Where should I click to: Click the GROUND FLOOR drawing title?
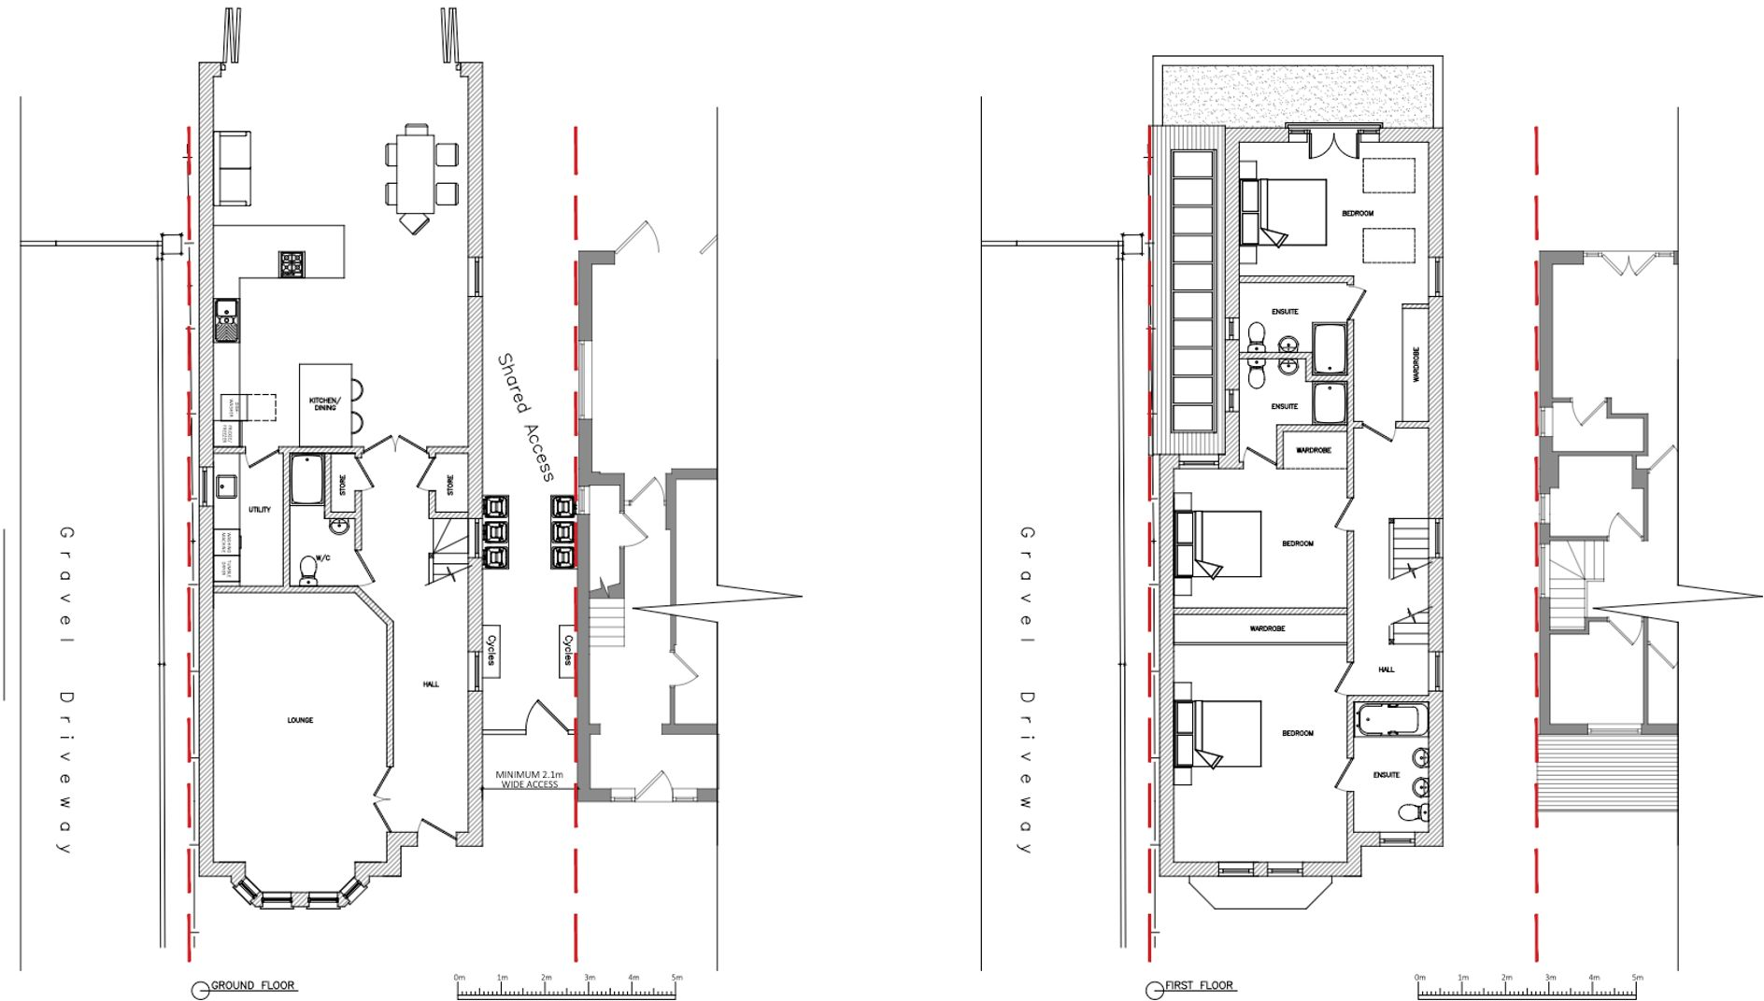[252, 985]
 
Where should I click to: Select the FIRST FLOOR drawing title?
[1199, 985]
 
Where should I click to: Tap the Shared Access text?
[527, 416]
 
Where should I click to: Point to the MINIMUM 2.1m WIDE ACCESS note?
[529, 780]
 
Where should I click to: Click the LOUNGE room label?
[300, 720]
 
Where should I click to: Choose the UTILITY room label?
[260, 510]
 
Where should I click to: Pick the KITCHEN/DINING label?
[324, 404]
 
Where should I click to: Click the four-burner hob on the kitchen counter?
[292, 264]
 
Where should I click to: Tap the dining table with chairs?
[415, 174]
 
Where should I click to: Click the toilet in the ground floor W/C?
[307, 569]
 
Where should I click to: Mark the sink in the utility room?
[225, 486]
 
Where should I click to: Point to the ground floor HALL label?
[431, 684]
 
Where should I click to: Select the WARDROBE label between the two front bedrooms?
[1267, 628]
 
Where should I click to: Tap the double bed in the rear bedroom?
[1285, 212]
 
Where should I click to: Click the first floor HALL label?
[1386, 670]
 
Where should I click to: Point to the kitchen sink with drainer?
[226, 319]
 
